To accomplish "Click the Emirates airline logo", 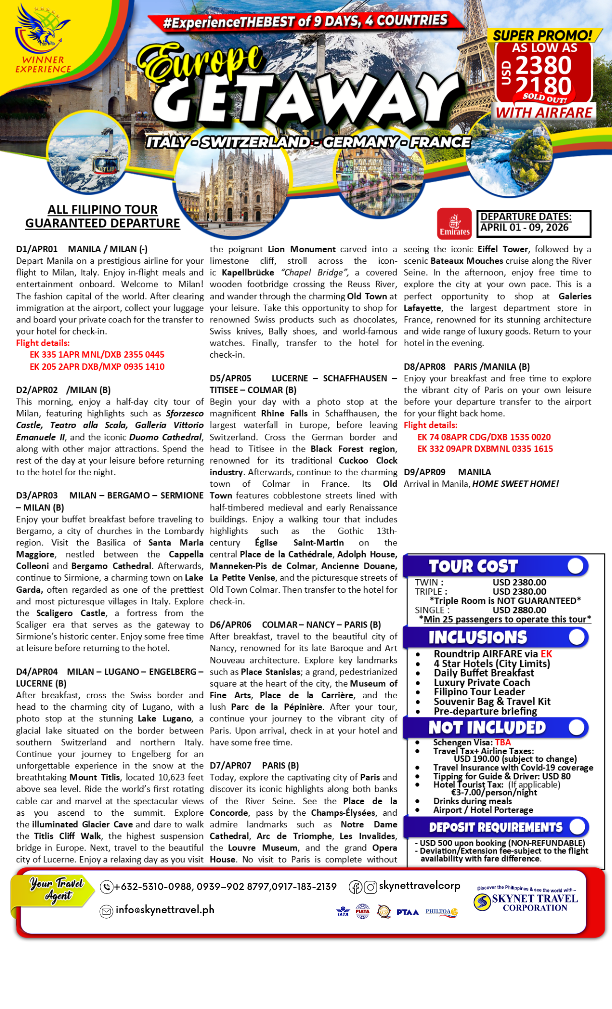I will (x=454, y=223).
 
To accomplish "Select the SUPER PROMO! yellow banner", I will (x=543, y=35).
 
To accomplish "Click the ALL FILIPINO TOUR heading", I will (x=102, y=209).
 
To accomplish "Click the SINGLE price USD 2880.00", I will (x=519, y=610).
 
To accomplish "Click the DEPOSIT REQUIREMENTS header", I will (x=495, y=827).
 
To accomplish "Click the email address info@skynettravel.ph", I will (x=164, y=910).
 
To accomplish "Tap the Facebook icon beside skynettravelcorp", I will (x=355, y=887).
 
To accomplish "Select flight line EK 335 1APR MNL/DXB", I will (x=97, y=355).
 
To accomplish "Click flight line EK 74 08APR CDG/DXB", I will (x=483, y=437).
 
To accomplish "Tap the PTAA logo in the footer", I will (x=407, y=912).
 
